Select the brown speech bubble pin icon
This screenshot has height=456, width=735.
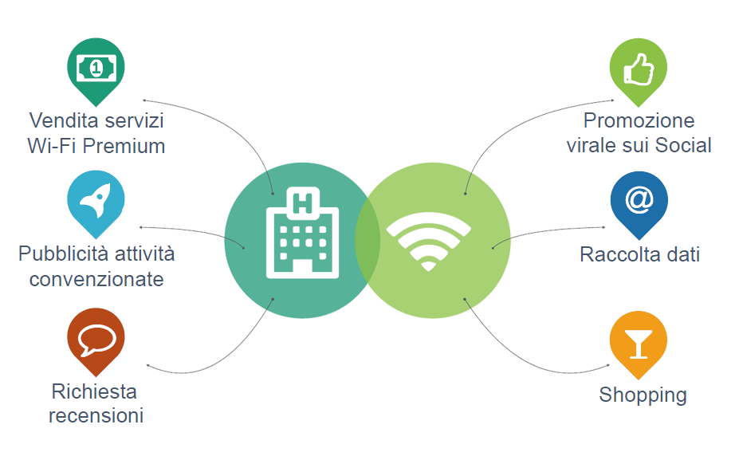tap(96, 340)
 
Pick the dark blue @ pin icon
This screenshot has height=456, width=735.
tap(639, 200)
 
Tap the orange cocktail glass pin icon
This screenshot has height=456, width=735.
tap(639, 342)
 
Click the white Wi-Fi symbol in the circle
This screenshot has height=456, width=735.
tap(428, 239)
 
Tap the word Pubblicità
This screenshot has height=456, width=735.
tap(64, 254)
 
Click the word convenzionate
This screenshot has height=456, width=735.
tap(96, 279)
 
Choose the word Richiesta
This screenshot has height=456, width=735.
tap(94, 391)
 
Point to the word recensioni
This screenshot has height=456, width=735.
tap(96, 415)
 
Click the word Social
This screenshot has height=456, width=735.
tap(683, 145)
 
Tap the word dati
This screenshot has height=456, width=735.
tap(682, 254)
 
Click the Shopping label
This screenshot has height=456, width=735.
tap(643, 395)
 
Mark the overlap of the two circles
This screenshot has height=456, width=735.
tap(367, 240)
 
